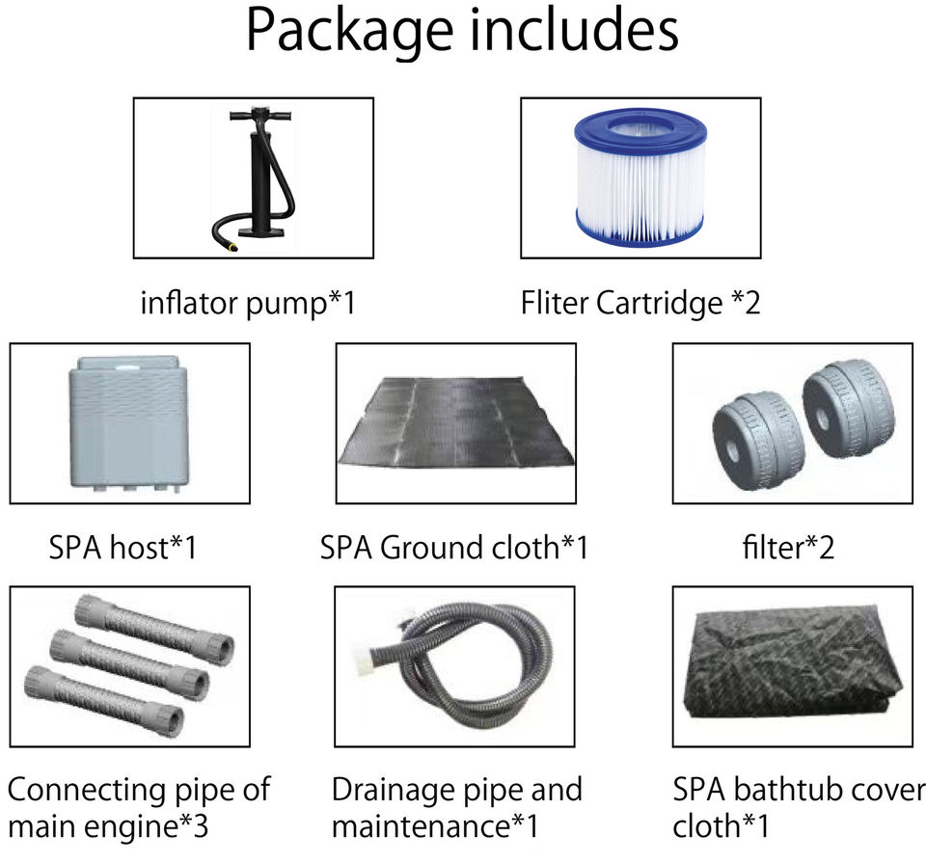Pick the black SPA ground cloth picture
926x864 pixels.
click(x=455, y=424)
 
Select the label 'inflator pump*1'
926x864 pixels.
click(x=248, y=304)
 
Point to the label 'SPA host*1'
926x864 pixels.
click(x=123, y=549)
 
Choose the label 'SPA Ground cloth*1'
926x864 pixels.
click(x=453, y=549)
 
